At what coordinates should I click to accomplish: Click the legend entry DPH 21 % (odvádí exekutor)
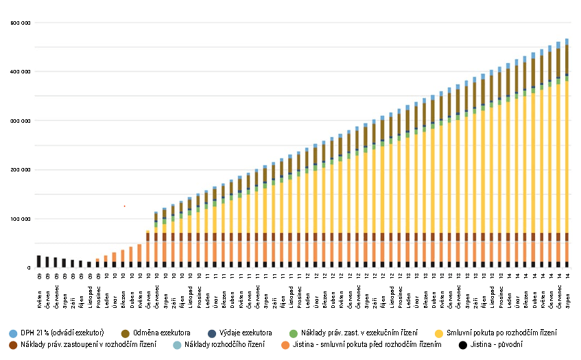click(62, 333)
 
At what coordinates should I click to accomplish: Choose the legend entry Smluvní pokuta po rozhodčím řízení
click(501, 333)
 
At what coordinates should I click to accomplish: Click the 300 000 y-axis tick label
click(21, 121)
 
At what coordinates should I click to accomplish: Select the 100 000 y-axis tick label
click(21, 219)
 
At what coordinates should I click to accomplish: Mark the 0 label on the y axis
click(29, 268)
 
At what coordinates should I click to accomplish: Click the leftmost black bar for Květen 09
click(39, 261)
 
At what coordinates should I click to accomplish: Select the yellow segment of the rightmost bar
click(567, 158)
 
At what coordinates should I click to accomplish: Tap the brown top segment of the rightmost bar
click(567, 58)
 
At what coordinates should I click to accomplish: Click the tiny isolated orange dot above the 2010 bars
click(124, 206)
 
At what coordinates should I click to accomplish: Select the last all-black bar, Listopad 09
click(89, 264)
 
